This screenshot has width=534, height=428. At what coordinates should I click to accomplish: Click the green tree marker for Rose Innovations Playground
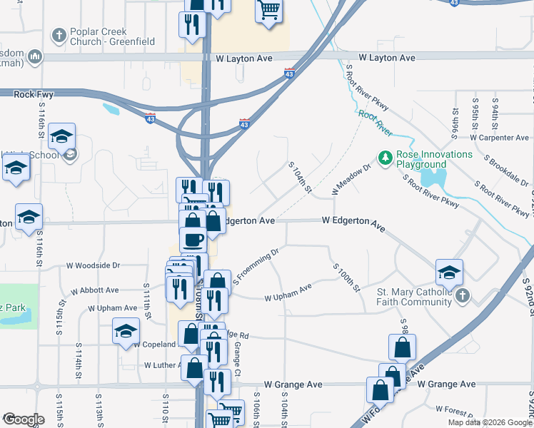385,156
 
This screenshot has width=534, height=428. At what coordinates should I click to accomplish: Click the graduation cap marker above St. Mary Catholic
449,272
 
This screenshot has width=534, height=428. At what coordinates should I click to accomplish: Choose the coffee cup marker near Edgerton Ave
193,239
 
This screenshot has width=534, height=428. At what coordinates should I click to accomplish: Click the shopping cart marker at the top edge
268,10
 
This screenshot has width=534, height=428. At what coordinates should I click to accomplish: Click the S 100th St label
346,277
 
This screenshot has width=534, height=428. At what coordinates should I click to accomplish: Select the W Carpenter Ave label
499,138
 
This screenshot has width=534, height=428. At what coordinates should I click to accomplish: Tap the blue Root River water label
375,123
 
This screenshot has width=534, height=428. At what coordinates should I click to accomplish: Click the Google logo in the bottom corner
24,419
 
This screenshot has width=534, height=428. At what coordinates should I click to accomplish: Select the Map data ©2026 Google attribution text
489,422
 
